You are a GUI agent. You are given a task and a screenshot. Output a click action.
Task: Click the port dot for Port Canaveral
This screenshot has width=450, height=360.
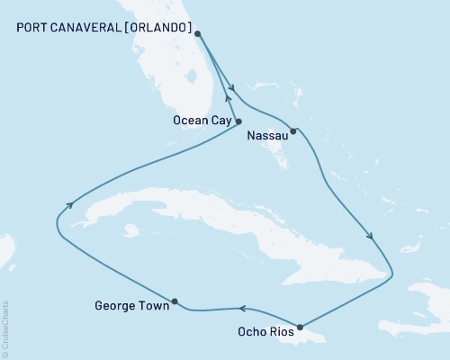pos(197,34)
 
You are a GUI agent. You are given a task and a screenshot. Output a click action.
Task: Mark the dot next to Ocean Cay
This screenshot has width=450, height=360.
pos(238,121)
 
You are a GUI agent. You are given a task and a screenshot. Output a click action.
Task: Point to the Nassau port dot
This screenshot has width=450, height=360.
pos(293,130)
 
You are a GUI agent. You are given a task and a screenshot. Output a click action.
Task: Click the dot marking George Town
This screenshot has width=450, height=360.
pos(175,301)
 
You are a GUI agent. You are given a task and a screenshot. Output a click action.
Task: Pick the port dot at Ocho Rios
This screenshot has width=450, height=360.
pos(299,327)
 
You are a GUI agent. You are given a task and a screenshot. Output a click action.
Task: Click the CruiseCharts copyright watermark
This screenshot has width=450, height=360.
pos(6,328)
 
